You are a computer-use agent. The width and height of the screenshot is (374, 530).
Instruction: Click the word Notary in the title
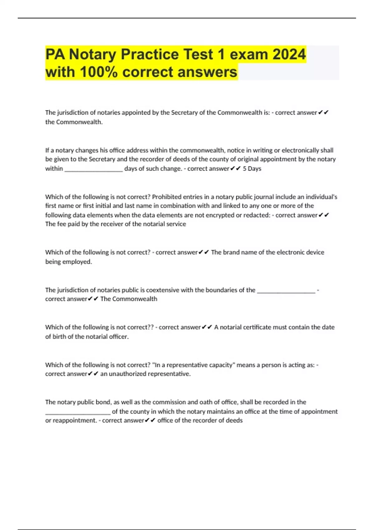point(92,54)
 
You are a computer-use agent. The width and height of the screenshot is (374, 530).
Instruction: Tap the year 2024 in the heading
point(289,54)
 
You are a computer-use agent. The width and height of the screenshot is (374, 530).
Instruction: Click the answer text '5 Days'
point(252,169)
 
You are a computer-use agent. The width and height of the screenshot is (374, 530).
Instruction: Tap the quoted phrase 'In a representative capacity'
point(193,365)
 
